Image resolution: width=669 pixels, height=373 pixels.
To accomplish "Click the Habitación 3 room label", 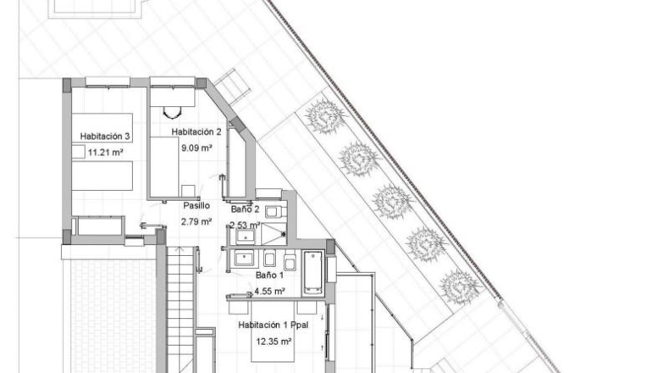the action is [x=105, y=136].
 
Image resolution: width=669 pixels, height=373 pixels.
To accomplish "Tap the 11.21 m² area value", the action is [x=106, y=152].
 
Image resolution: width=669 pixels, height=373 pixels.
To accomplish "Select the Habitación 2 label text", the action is [x=196, y=132].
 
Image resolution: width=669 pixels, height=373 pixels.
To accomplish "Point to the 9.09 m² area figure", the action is [x=197, y=148].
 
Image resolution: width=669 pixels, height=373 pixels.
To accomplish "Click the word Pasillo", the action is [x=196, y=205].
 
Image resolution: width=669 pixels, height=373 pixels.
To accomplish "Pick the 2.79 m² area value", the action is [x=196, y=222].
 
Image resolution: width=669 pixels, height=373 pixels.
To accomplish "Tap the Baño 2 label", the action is [x=246, y=209].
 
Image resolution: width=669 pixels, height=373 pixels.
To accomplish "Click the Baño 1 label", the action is [x=269, y=276].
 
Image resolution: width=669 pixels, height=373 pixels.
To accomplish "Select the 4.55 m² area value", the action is [x=269, y=292].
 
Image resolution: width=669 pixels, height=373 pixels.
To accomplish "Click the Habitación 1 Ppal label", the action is [x=274, y=326].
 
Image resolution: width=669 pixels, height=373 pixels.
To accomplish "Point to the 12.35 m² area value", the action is [x=274, y=342].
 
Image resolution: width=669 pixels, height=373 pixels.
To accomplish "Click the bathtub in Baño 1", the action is [x=313, y=273].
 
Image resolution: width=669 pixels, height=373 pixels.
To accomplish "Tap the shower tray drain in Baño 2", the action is [x=284, y=234].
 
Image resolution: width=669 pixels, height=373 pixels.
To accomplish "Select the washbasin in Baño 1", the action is [x=244, y=258].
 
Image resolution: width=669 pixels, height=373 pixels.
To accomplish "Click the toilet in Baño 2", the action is [x=273, y=211].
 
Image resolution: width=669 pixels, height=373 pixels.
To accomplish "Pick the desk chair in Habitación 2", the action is [x=173, y=113].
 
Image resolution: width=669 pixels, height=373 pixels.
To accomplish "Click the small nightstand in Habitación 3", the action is [x=78, y=152].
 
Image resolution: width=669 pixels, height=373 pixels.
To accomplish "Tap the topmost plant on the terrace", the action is [x=325, y=116].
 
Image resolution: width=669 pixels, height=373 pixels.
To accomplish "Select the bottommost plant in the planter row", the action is [x=461, y=287].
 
